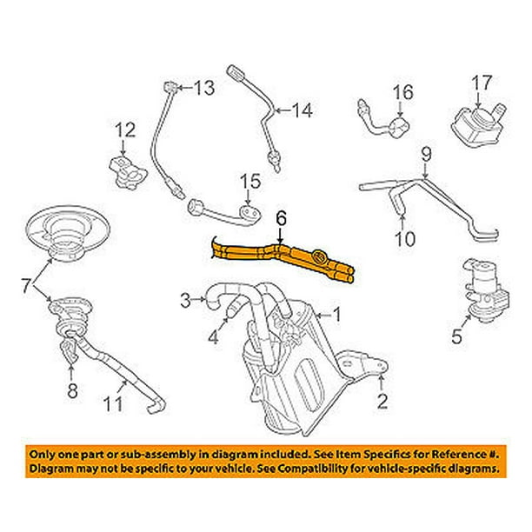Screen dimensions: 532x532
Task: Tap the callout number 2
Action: (x=380, y=401)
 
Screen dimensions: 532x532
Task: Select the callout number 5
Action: (x=456, y=337)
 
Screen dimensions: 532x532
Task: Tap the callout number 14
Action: (x=300, y=110)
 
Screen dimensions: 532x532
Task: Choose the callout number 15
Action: (x=250, y=182)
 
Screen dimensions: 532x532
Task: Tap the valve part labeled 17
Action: (x=479, y=126)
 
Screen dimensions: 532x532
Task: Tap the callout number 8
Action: (x=72, y=390)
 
